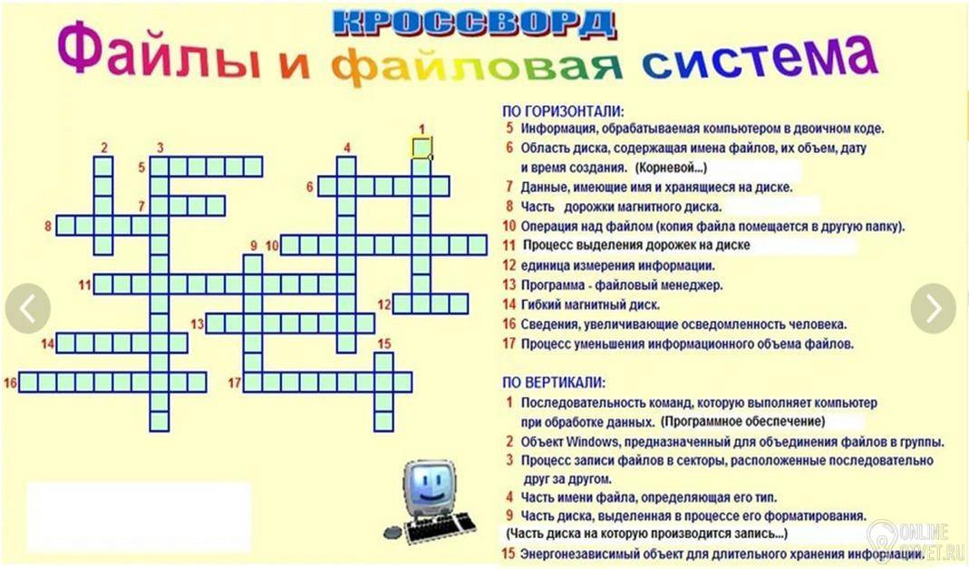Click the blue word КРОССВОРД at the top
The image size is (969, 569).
[x=474, y=24]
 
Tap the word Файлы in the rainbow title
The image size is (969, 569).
[x=159, y=55]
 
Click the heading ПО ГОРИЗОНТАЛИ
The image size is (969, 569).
[x=563, y=111]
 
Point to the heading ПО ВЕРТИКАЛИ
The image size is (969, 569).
[x=554, y=383]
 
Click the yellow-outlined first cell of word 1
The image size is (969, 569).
[x=422, y=149]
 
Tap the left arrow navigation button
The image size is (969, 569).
[x=28, y=309]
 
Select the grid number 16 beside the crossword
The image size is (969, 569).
[x=10, y=383]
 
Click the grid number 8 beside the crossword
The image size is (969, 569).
[x=47, y=227]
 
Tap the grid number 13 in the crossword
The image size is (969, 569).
[x=197, y=323]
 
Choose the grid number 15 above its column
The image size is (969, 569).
[x=384, y=344]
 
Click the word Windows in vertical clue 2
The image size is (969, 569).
[x=592, y=442]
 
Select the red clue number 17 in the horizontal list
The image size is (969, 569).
[x=509, y=343]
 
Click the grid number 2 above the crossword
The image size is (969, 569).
[x=104, y=149]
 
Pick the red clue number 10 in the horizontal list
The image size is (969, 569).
[x=509, y=227]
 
